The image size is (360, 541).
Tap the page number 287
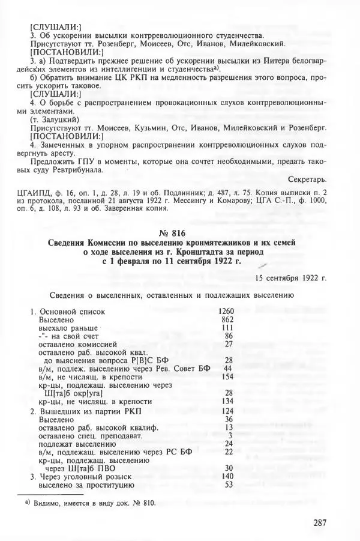320,523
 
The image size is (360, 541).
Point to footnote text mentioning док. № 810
95,503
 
